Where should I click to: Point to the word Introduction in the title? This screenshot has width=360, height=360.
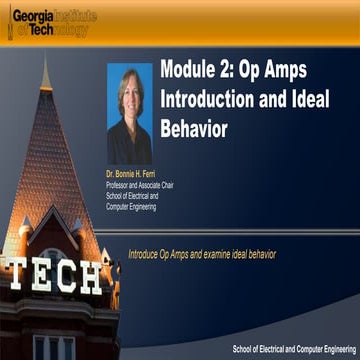point(209,101)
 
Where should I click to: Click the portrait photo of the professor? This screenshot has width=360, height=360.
point(129,114)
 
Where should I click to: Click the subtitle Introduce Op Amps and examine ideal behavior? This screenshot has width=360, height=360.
point(201,255)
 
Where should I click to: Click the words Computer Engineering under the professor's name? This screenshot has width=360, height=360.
point(131,207)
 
